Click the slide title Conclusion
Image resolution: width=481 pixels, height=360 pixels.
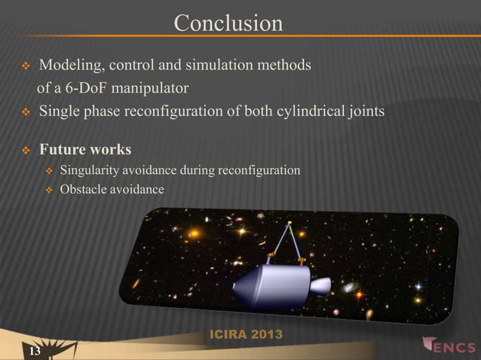click(228, 23)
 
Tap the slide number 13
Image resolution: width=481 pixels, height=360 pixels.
click(35, 352)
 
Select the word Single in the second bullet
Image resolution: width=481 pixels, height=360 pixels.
click(59, 111)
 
